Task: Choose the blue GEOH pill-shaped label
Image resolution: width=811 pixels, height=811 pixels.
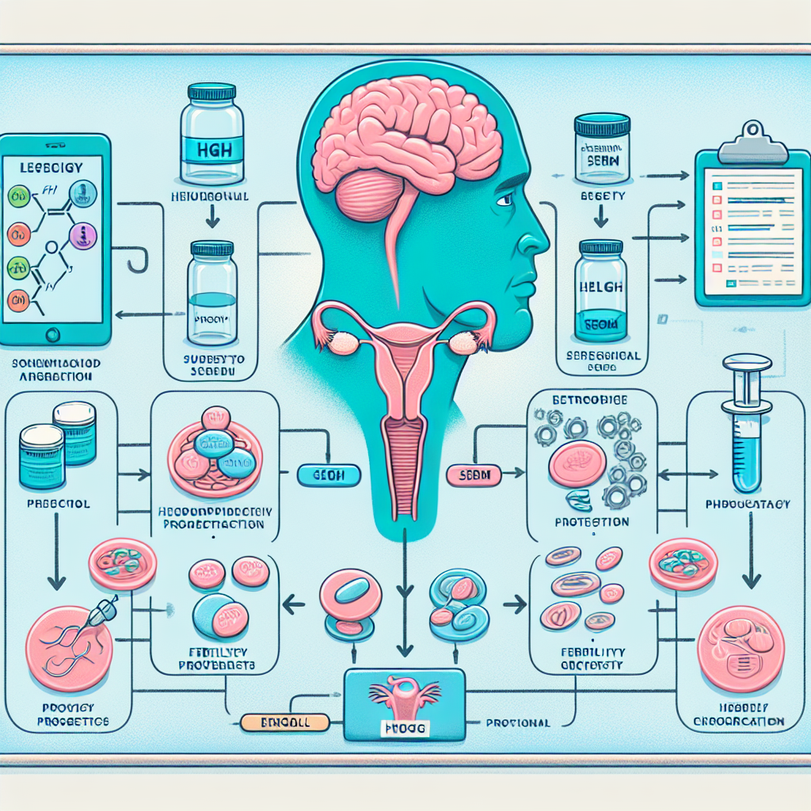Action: (x=328, y=475)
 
